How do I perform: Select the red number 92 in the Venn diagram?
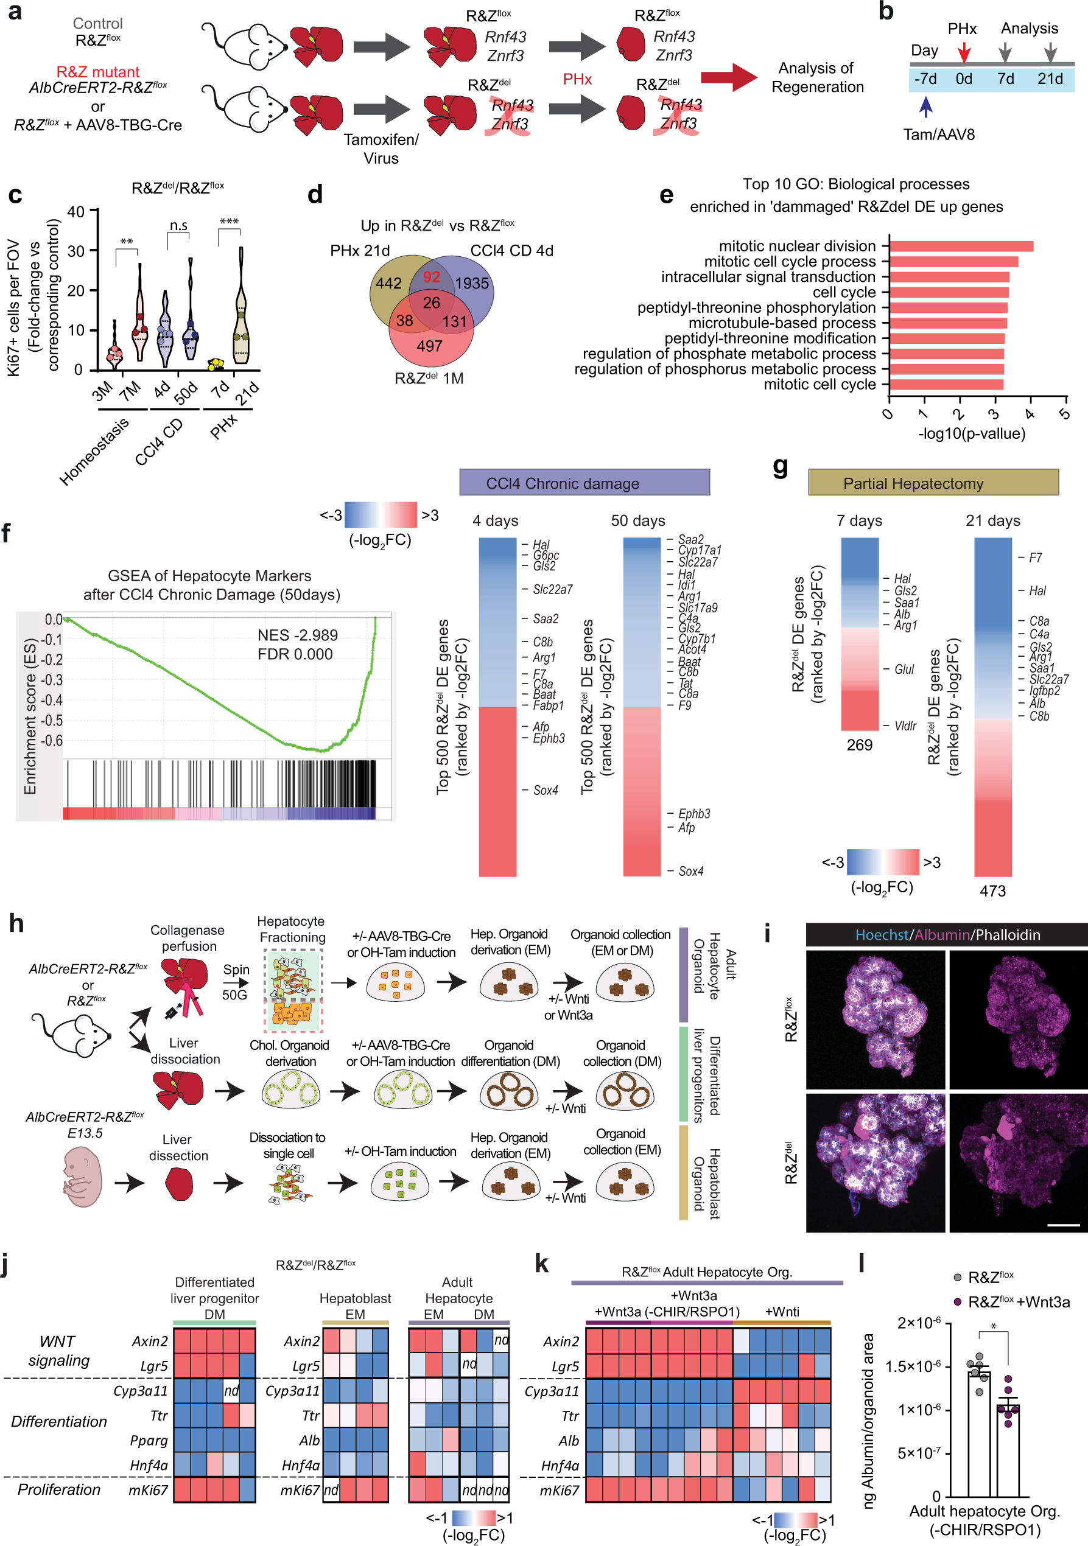click(431, 277)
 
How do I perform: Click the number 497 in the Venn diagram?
click(429, 346)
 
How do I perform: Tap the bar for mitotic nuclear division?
click(961, 247)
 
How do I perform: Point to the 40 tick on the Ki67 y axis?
click(75, 212)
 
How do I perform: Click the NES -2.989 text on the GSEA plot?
click(297, 635)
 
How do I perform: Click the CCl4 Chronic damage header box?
click(584, 483)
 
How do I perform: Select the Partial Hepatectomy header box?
click(933, 483)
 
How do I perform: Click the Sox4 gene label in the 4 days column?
click(545, 790)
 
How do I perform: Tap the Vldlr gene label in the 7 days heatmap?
click(905, 726)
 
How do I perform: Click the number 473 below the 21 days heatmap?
click(992, 891)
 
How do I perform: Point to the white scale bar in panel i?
click(1064, 1225)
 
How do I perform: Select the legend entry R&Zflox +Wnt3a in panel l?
click(1017, 1301)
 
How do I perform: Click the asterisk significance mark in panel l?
click(993, 1327)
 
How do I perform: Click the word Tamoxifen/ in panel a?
click(381, 139)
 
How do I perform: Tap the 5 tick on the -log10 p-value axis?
click(1064, 413)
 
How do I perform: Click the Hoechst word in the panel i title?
click(881, 935)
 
